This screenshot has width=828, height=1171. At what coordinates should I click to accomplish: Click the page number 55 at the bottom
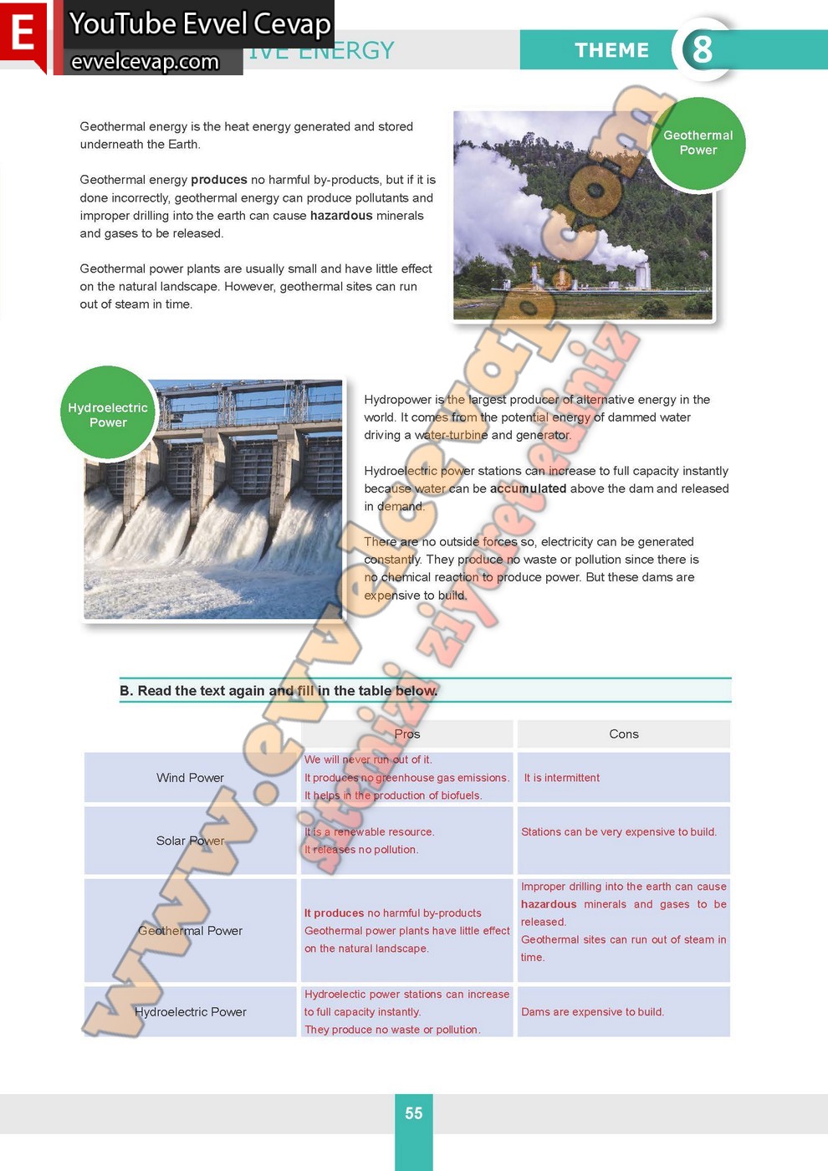pos(413,1113)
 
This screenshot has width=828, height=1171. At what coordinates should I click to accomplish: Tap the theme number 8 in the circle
pos(702,49)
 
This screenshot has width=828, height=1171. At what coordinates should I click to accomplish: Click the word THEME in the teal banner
pos(611,50)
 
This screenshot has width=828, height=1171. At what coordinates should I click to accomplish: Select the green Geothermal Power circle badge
pos(698,143)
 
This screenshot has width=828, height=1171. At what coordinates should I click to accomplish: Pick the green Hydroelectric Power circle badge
pos(108,415)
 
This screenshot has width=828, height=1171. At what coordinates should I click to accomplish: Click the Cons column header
pos(623,734)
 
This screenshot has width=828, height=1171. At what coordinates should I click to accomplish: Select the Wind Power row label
pos(190,778)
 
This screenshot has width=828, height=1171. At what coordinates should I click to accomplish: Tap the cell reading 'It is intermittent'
pos(561,778)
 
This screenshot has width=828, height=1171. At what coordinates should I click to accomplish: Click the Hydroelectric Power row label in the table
pos(191,1012)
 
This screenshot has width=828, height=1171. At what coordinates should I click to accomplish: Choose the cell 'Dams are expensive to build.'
pos(592,1012)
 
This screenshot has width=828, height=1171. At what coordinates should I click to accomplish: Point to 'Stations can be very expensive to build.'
pos(618,832)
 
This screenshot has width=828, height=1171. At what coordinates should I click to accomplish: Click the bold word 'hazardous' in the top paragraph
pos(341,216)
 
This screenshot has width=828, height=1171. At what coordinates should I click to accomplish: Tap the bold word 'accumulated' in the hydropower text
pos(528,488)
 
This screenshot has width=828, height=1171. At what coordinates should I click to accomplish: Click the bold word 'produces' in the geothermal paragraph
pos(218,180)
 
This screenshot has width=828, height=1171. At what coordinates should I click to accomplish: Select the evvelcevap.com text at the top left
pos(145,62)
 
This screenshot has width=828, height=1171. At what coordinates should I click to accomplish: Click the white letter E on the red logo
pos(23,34)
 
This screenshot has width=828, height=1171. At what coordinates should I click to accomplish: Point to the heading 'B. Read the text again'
pos(279,691)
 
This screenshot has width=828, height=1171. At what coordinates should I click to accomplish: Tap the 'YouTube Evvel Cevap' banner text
pos(200,23)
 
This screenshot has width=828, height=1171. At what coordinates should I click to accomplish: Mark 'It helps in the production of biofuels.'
pos(393,795)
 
